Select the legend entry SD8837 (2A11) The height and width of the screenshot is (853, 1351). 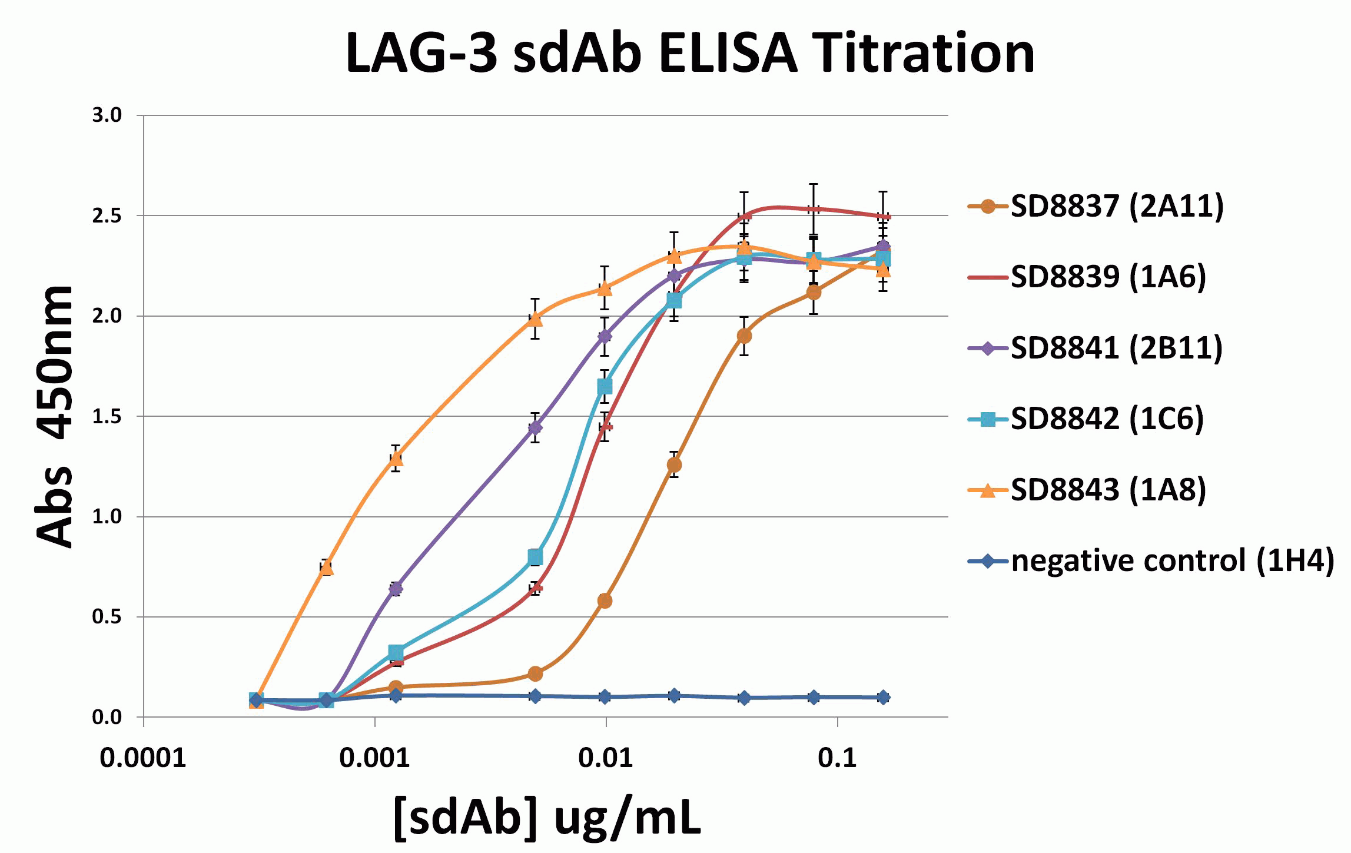click(1117, 206)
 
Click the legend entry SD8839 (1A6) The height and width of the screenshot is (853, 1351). click(1108, 277)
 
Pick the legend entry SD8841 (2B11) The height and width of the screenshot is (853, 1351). click(1116, 348)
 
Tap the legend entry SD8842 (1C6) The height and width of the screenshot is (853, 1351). click(1107, 419)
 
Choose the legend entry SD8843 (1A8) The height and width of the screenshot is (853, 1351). click(1108, 490)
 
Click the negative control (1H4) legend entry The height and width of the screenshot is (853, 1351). click(1171, 561)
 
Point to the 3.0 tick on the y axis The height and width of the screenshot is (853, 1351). click(107, 115)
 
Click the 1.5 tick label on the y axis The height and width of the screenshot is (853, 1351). click(107, 417)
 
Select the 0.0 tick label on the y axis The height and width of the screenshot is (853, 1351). click(107, 718)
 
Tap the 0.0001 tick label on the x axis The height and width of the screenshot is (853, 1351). click(143, 758)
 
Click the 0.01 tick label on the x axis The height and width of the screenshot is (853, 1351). click(606, 758)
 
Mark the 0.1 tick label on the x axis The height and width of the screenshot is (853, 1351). click(837, 758)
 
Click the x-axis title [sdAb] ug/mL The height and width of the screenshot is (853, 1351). click(547, 818)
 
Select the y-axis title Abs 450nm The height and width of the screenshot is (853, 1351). click(54, 417)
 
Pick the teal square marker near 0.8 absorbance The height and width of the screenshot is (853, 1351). click(535, 557)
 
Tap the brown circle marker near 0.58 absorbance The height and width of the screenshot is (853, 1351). click(605, 600)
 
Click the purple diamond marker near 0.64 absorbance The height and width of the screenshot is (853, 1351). click(396, 588)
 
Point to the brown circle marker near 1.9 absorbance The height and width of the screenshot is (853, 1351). click(744, 336)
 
